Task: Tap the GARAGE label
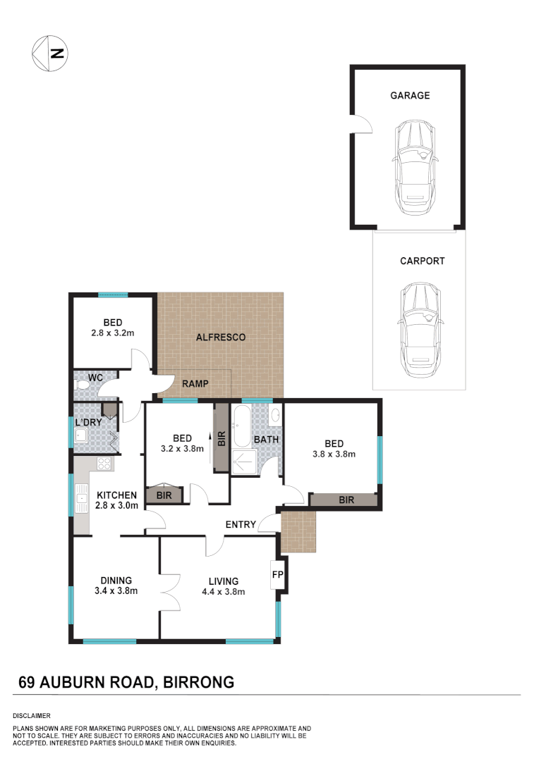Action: click(x=410, y=95)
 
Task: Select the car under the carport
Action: click(x=420, y=332)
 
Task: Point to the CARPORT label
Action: click(x=422, y=261)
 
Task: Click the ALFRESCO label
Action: click(x=221, y=338)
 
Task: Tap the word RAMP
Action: click(x=194, y=384)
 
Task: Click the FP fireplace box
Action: click(x=277, y=575)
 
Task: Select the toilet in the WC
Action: click(x=79, y=387)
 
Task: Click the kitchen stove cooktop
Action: click(x=104, y=464)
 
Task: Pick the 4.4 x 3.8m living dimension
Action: click(x=223, y=592)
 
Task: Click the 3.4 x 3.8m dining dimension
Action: click(x=116, y=591)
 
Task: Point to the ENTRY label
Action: click(x=240, y=524)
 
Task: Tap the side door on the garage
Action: click(x=362, y=124)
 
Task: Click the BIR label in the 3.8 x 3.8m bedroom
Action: click(x=346, y=500)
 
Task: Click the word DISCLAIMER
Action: click(x=31, y=715)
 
